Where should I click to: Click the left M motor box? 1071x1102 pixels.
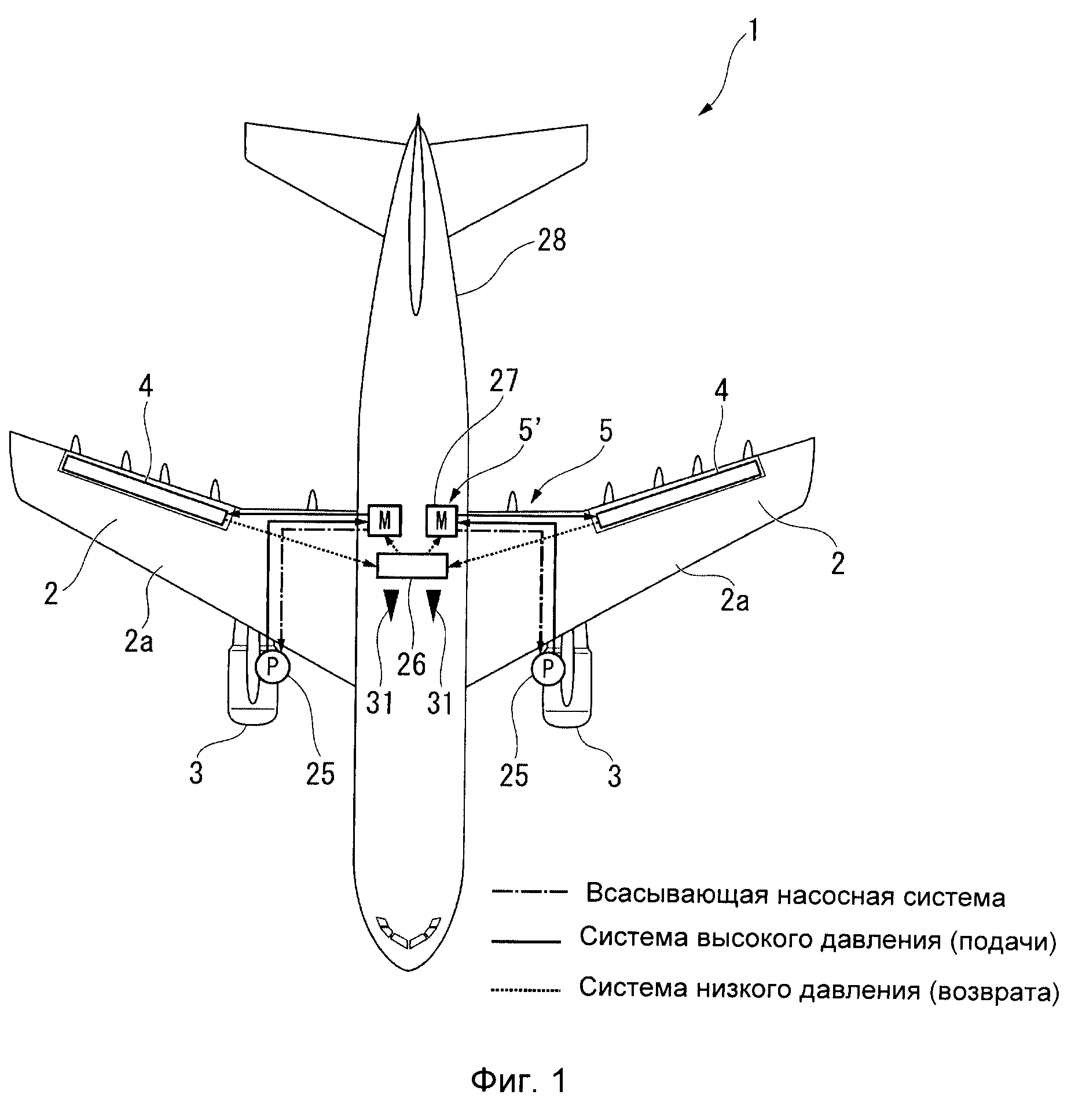[x=384, y=520]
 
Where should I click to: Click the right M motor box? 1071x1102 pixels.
[x=442, y=520]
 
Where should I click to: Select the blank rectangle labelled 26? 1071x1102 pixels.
[x=412, y=565]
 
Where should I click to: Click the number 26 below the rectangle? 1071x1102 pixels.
[x=411, y=664]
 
